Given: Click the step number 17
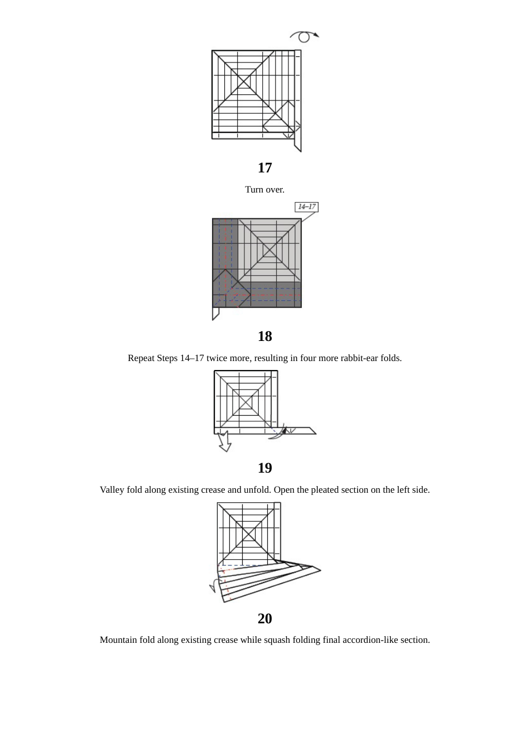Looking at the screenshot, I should [264, 168].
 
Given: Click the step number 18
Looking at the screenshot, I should [264, 336].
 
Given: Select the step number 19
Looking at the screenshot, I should [264, 468].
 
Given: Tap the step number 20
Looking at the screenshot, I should [264, 619].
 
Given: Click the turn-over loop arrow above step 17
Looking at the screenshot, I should [304, 37].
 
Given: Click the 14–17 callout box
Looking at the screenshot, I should [306, 207].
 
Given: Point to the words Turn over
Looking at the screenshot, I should [264, 190].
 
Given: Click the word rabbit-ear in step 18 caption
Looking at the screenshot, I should [344, 358].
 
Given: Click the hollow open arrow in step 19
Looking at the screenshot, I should [224, 441].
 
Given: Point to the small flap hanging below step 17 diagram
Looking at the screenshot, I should [298, 142].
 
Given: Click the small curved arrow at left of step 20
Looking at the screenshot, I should [213, 586].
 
